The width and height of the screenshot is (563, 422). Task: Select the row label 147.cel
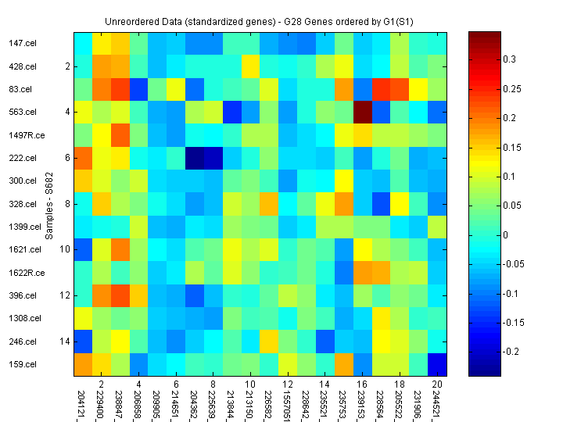[23, 44]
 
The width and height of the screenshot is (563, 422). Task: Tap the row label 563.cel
[23, 112]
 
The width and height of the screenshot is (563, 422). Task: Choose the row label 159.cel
[23, 364]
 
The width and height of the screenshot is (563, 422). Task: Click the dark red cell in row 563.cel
[361, 112]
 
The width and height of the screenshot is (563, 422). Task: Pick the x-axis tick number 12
[287, 385]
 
